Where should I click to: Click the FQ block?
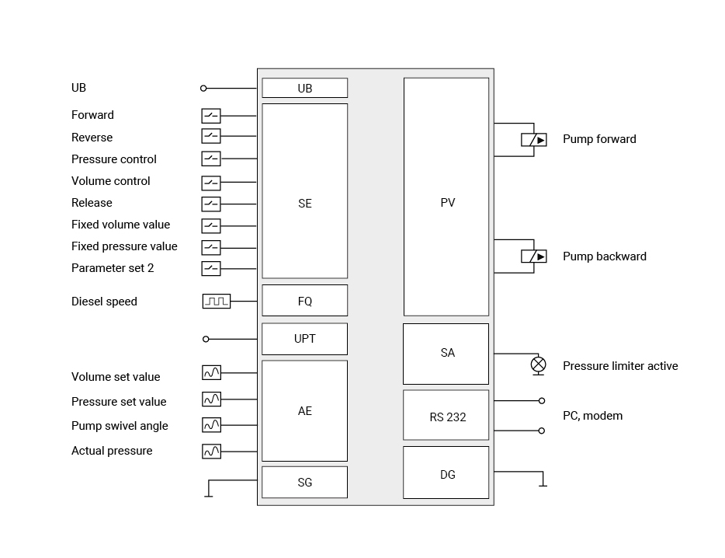click(x=305, y=301)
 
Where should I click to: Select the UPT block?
click(x=305, y=339)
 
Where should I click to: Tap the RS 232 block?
click(x=446, y=415)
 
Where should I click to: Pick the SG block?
click(x=305, y=482)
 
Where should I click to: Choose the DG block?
click(x=446, y=473)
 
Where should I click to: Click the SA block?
click(x=446, y=354)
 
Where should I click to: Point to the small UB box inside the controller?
click(x=305, y=88)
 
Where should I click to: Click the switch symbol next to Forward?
click(x=211, y=116)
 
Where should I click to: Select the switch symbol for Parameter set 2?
click(x=211, y=269)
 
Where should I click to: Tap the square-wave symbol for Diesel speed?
click(x=217, y=302)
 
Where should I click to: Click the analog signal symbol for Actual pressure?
click(x=211, y=452)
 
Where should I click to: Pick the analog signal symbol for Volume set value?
click(x=211, y=373)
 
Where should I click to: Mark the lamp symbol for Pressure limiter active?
click(x=538, y=365)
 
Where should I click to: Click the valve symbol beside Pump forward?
click(x=534, y=140)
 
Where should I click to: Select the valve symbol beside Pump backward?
click(x=534, y=256)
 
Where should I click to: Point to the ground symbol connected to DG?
click(x=543, y=480)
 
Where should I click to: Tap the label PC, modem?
click(x=593, y=416)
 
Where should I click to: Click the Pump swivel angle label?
click(x=120, y=426)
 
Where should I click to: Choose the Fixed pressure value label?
click(x=124, y=246)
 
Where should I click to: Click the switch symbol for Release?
click(x=211, y=204)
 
